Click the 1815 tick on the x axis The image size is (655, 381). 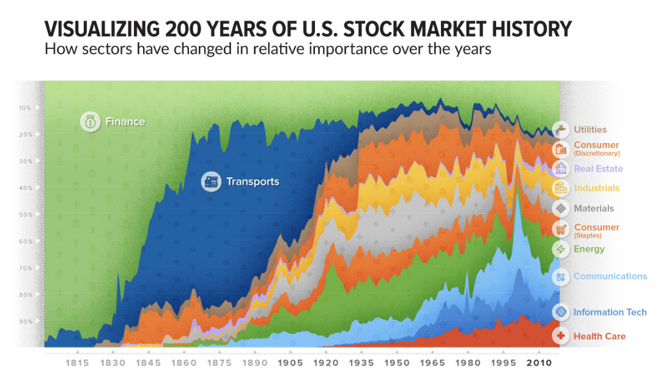78,363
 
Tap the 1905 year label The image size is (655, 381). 290,363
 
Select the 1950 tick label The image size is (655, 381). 397,363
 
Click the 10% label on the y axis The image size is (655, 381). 25,108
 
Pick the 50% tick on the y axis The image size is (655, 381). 25,215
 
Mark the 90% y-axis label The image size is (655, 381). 25,321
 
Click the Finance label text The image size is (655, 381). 125,122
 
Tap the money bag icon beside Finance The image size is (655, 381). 91,122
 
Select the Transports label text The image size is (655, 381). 253,182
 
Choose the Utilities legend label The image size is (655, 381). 590,130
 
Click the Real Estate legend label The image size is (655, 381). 598,169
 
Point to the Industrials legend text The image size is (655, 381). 596,188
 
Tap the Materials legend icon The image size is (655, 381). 561,209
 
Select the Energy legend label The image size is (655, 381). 589,249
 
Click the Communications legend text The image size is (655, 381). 610,276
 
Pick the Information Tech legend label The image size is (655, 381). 610,313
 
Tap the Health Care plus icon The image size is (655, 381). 561,336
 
